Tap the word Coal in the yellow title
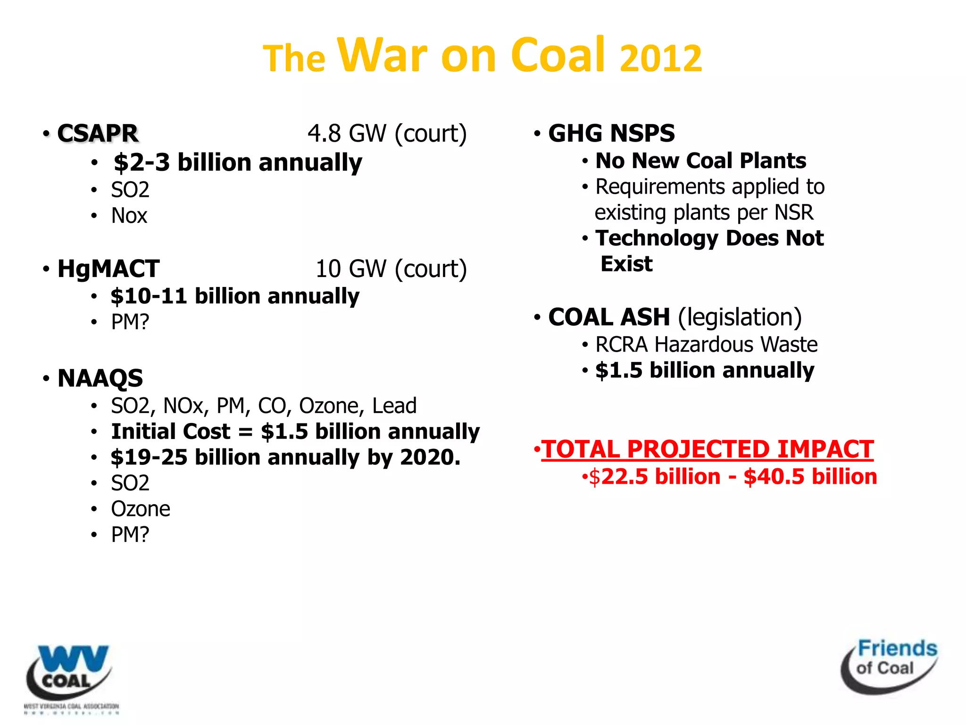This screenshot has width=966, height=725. click(558, 55)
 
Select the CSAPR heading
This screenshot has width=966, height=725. click(98, 133)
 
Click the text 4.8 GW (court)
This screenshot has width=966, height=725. click(387, 133)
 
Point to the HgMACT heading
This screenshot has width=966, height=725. click(108, 269)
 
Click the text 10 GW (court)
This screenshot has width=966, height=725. click(391, 269)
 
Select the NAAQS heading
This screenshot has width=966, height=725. click(100, 378)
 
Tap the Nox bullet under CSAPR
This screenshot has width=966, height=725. click(129, 216)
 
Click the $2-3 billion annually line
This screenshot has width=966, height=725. click(237, 162)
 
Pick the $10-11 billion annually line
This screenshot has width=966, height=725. click(234, 296)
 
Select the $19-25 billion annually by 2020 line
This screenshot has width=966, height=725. click(285, 457)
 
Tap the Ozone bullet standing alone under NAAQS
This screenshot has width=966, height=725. click(140, 509)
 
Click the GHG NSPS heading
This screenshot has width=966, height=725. click(611, 133)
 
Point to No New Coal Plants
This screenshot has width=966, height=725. click(700, 161)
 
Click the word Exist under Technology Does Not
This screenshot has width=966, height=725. click(626, 264)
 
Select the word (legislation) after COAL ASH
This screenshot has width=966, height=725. click(740, 317)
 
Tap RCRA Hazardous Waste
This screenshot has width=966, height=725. click(706, 345)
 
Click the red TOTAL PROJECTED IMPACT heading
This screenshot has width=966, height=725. click(707, 449)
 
